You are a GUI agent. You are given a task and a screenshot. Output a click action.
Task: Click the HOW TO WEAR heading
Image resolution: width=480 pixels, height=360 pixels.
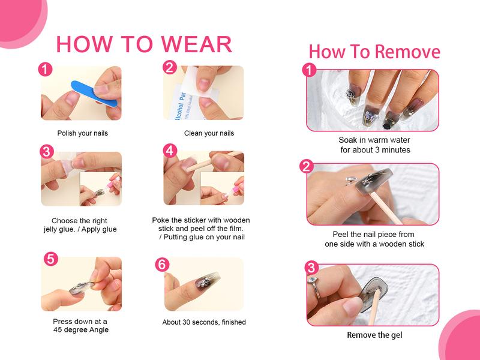click(144, 44)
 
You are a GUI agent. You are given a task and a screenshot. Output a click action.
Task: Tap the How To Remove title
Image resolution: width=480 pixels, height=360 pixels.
click(374, 52)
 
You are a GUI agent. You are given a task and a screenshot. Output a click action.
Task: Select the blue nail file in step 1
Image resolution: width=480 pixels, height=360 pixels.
click(94, 94)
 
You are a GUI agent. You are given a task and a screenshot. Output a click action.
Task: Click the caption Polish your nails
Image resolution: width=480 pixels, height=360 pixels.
click(83, 133)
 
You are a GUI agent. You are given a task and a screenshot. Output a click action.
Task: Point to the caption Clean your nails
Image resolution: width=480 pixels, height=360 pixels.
click(209, 133)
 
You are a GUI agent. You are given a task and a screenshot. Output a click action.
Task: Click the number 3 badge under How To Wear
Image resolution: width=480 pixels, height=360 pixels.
click(47, 152)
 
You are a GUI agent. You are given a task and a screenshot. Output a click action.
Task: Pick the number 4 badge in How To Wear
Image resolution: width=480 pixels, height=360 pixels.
click(170, 151)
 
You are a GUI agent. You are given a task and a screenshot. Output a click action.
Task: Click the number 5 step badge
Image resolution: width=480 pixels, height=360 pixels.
click(51, 259)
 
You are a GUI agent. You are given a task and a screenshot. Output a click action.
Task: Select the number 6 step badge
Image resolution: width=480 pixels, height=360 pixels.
click(162, 265)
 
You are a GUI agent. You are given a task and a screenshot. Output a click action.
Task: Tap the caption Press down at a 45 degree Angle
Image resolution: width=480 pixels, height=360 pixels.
click(80, 325)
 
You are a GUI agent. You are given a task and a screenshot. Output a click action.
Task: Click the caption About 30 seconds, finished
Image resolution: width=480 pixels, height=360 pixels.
click(204, 322)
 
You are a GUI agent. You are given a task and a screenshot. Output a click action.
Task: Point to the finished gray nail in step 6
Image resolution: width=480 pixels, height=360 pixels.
click(203, 280)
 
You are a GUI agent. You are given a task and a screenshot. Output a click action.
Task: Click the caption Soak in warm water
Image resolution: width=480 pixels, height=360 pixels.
click(374, 140)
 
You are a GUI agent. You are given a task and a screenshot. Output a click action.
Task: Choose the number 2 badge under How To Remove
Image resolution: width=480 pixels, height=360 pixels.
click(307, 167)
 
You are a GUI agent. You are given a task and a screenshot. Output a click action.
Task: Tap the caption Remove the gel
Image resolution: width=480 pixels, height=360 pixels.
click(374, 335)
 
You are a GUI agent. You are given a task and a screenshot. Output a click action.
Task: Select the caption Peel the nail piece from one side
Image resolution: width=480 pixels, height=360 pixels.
click(374, 239)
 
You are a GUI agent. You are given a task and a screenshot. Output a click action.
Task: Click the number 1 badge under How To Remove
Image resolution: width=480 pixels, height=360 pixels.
click(309, 70)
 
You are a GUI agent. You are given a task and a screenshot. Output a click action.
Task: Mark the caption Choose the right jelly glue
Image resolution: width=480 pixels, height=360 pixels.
click(80, 225)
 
